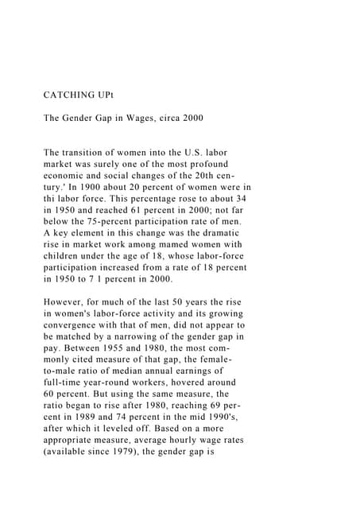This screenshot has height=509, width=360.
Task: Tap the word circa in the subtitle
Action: click(180, 119)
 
